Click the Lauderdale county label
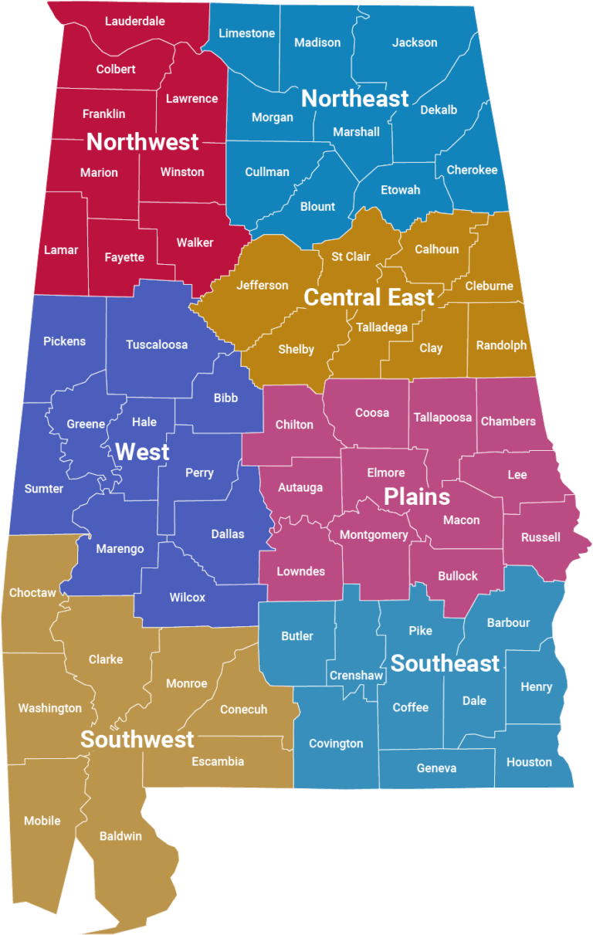click(x=135, y=22)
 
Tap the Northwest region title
click(x=143, y=142)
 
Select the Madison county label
click(x=317, y=42)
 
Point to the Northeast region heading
click(x=355, y=99)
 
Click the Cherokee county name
click(x=472, y=170)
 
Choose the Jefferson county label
click(x=263, y=286)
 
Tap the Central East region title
click(x=369, y=297)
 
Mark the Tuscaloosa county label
click(x=157, y=344)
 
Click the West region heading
click(x=143, y=452)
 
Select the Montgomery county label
click(x=374, y=535)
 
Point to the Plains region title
click(x=417, y=496)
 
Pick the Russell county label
click(x=540, y=537)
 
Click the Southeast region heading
click(x=446, y=663)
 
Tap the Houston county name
click(x=529, y=762)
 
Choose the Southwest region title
click(x=137, y=740)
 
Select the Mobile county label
click(x=42, y=821)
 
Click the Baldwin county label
click(x=120, y=835)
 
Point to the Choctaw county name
click(x=32, y=593)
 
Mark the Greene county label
click(x=86, y=424)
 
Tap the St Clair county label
click(x=351, y=256)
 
